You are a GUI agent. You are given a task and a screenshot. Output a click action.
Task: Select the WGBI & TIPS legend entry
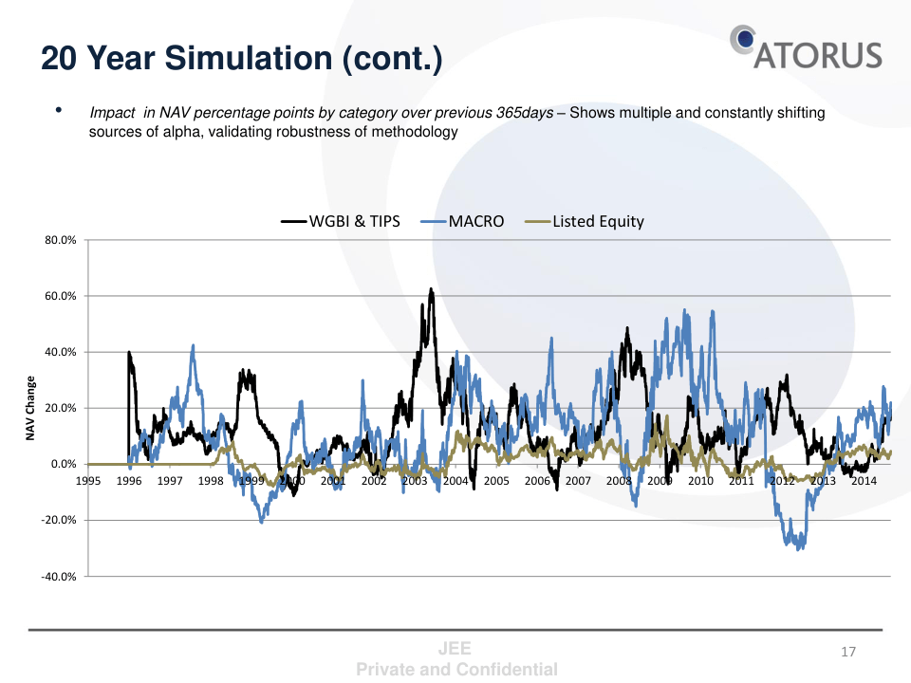click(341, 221)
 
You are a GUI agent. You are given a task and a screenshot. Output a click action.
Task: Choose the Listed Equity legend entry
click(585, 221)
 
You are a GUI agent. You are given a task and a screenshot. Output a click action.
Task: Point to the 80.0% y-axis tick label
click(61, 240)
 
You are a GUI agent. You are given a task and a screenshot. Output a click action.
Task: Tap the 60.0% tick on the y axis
click(61, 296)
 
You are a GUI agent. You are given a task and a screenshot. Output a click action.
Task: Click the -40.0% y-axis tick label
click(59, 577)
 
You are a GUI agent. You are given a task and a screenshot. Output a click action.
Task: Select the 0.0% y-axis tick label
click(64, 465)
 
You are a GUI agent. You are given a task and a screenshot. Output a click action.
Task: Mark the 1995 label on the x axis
click(88, 481)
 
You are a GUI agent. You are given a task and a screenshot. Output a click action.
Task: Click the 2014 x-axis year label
click(864, 481)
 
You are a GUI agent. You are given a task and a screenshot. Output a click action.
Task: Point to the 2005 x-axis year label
click(496, 481)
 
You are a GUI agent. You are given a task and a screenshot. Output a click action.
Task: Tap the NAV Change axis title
click(30, 409)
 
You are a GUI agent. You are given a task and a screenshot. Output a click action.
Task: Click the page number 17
click(848, 652)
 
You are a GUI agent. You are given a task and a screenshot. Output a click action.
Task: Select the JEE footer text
click(456, 650)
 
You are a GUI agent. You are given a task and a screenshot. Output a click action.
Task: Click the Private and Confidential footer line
click(456, 670)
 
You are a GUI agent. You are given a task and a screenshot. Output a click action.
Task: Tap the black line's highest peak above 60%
click(431, 289)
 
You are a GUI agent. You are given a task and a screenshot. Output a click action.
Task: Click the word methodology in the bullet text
click(414, 132)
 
